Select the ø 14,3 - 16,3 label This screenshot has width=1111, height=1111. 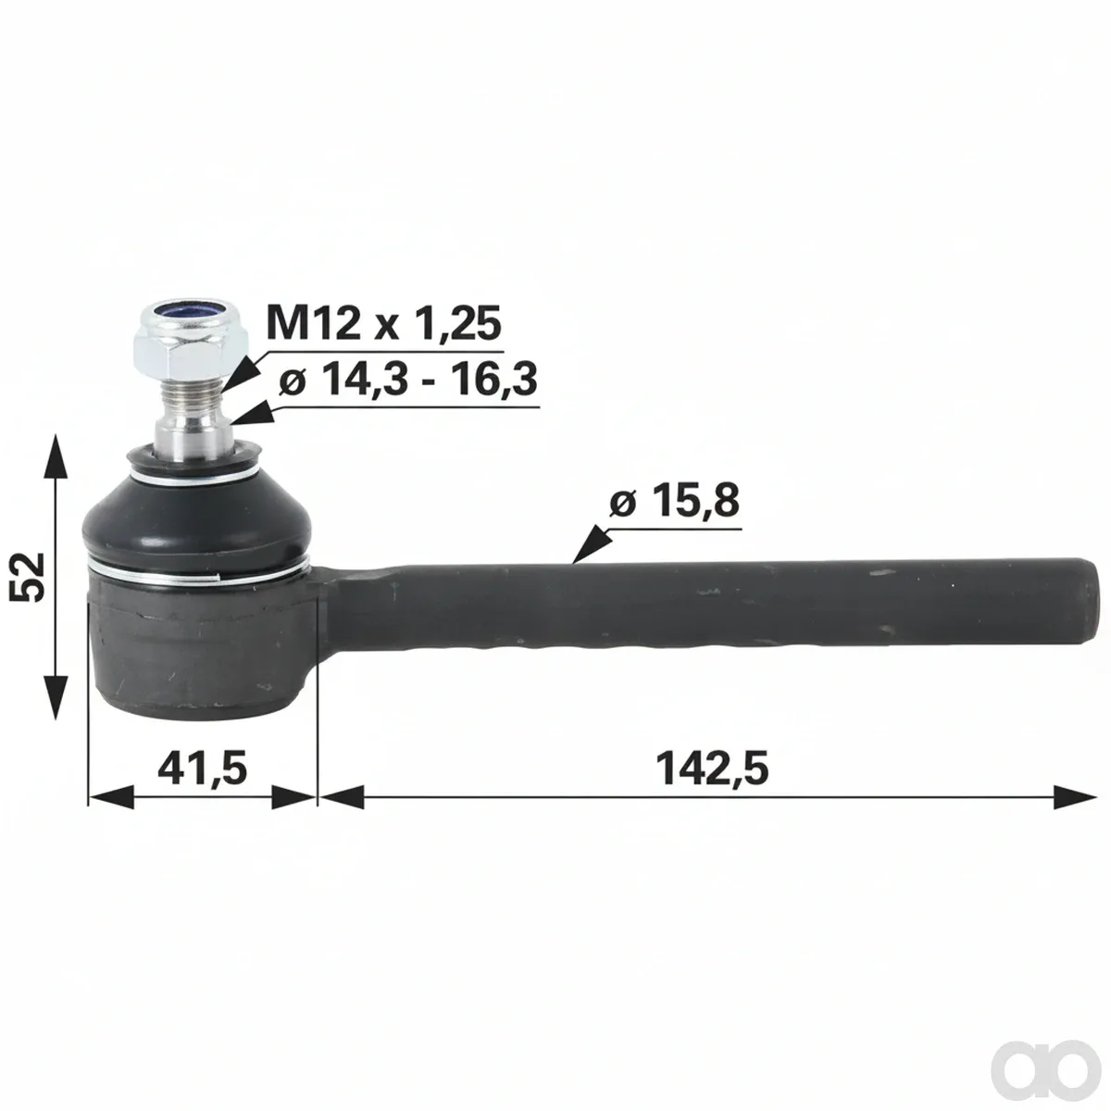click(408, 380)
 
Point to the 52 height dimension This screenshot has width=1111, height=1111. click(28, 576)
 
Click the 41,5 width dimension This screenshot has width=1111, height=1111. click(203, 768)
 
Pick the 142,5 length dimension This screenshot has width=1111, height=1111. click(712, 768)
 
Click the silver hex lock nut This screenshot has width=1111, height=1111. click(191, 340)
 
